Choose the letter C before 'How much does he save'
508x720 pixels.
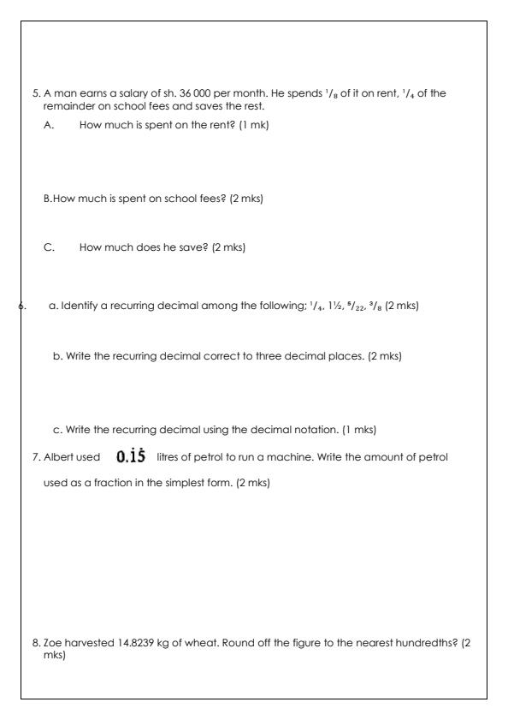49,247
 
